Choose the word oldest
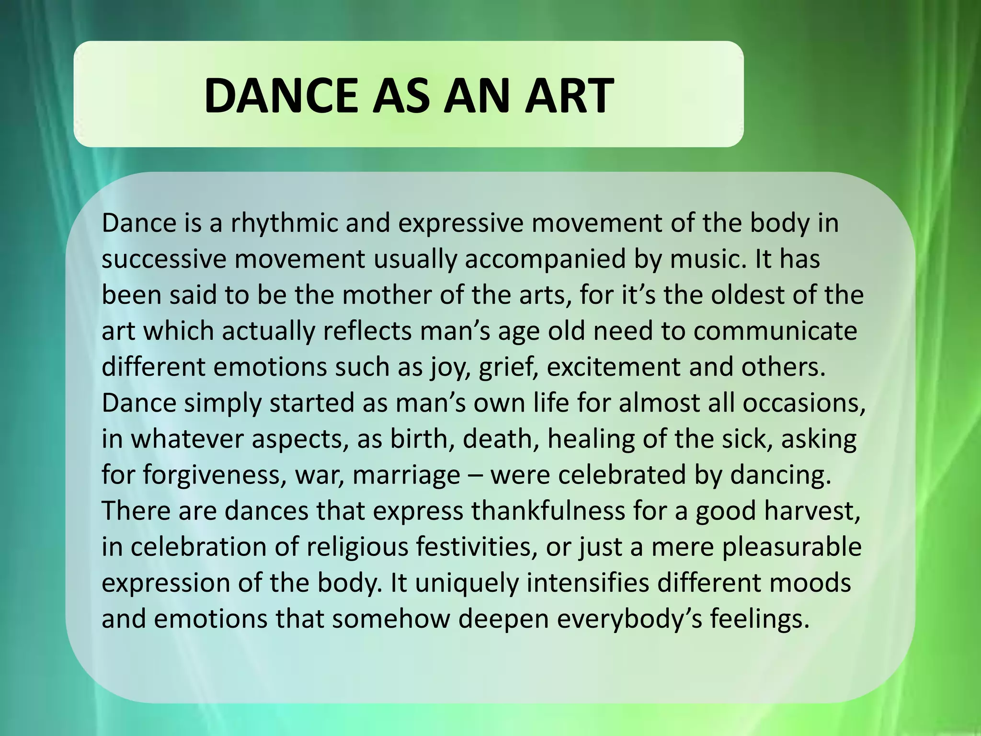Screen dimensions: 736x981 point(747,295)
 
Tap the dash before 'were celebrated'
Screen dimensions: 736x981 point(475,475)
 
